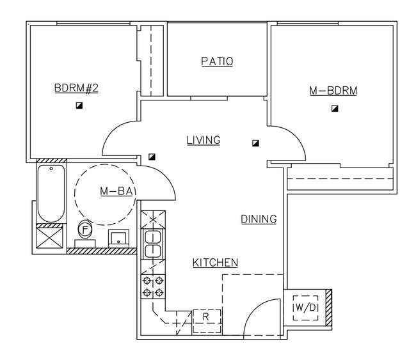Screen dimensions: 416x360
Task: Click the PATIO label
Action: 217,61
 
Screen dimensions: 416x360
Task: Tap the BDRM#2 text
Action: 76,88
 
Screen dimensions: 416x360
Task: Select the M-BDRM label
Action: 333,91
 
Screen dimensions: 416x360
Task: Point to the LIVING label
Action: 204,140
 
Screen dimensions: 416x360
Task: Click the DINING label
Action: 259,219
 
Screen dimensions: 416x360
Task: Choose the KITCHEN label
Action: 215,262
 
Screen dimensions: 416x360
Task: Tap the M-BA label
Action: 116,191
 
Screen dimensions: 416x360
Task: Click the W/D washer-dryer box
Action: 306,308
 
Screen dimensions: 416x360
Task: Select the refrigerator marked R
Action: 207,321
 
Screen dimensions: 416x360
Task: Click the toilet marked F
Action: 84,230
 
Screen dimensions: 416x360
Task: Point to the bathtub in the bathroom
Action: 51,193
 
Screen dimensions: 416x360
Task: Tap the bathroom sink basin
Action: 118,238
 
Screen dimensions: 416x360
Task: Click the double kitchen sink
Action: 152,244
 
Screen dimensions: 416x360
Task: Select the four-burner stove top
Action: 153,286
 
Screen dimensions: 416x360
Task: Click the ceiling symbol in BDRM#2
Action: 79,106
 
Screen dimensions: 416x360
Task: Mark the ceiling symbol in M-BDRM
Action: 335,109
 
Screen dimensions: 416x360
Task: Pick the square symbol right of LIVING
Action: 255,143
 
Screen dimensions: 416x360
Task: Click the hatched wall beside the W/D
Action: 328,308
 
